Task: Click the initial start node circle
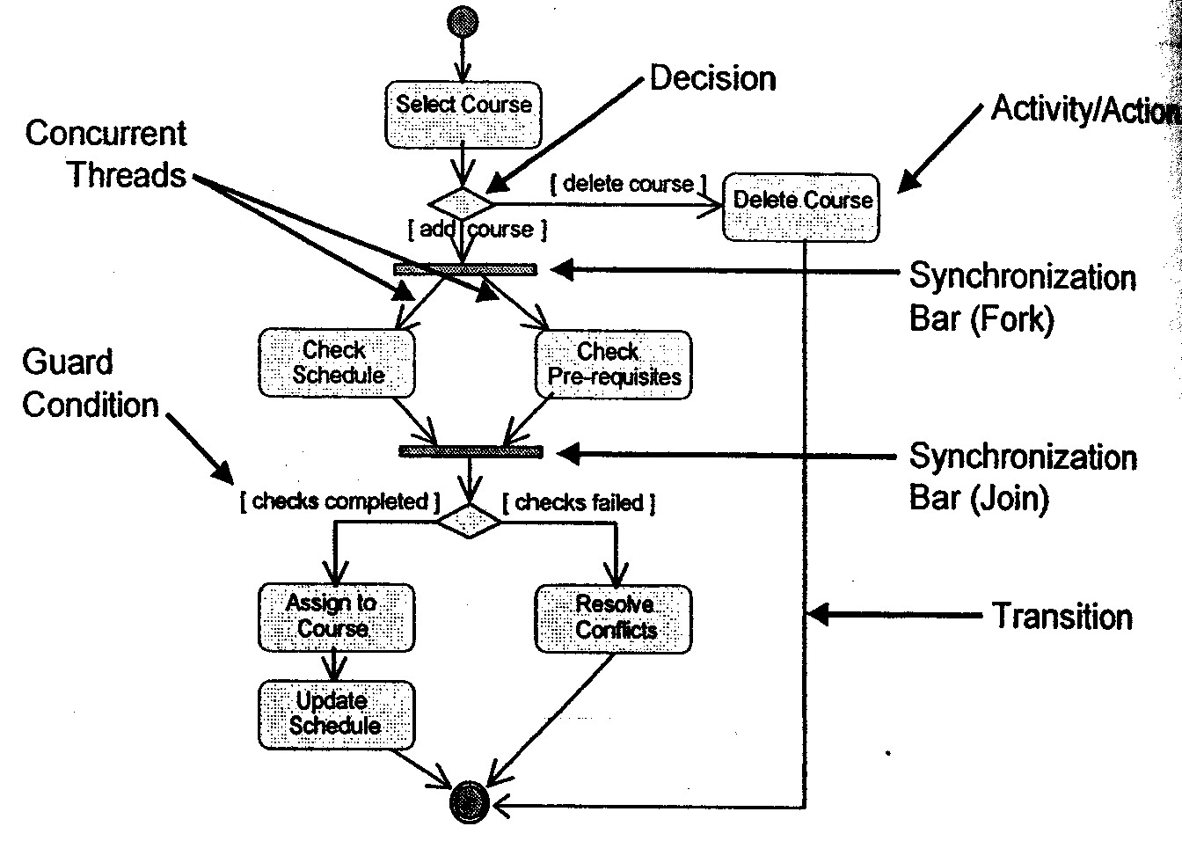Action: click(463, 20)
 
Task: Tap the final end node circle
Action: click(469, 801)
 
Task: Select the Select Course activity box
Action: click(463, 114)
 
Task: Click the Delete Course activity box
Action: click(800, 208)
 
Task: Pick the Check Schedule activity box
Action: click(337, 363)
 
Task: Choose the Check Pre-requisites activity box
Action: click(613, 365)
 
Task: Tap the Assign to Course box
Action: click(336, 617)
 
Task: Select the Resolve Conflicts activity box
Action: click(613, 618)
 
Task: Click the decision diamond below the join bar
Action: click(469, 520)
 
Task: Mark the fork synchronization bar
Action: click(465, 269)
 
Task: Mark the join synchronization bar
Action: click(471, 451)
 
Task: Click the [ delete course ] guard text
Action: click(628, 185)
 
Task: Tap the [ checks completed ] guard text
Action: click(339, 502)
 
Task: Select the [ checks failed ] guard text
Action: click(579, 503)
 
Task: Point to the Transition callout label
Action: click(1062, 616)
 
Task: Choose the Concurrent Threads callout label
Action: click(107, 154)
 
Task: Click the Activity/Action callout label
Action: click(1084, 109)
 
